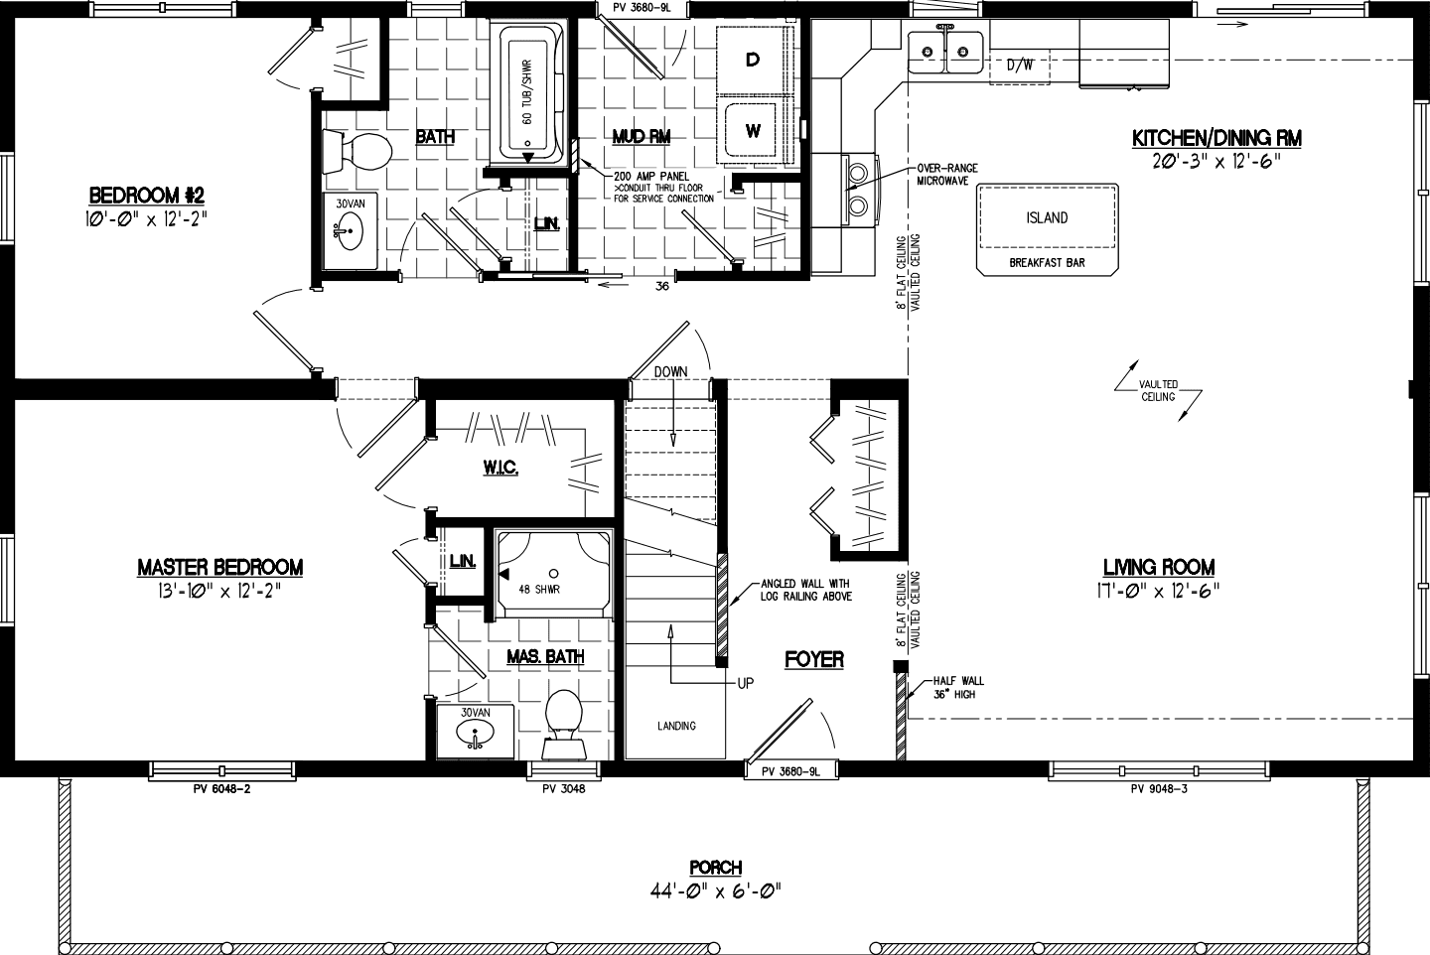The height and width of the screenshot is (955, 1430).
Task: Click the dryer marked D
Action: (753, 61)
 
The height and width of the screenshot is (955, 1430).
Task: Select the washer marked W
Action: (753, 130)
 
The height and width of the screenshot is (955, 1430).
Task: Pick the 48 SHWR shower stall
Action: (552, 574)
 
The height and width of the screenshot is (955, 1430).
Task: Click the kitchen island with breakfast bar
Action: (1047, 228)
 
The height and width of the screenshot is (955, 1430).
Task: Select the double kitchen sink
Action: (947, 49)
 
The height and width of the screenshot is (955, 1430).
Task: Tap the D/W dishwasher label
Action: (1020, 67)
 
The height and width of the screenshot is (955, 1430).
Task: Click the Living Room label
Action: (1159, 567)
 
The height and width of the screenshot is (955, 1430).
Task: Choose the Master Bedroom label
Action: (219, 567)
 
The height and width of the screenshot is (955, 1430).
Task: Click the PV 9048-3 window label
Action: (1159, 789)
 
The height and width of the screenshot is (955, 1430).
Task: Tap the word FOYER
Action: (814, 659)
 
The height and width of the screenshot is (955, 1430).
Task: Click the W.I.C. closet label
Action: (501, 468)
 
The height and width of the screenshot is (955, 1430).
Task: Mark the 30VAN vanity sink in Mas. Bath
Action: (476, 732)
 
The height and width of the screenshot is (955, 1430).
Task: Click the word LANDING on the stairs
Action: (676, 726)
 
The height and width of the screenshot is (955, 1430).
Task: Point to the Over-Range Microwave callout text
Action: (947, 175)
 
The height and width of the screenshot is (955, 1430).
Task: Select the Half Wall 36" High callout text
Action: (958, 687)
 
